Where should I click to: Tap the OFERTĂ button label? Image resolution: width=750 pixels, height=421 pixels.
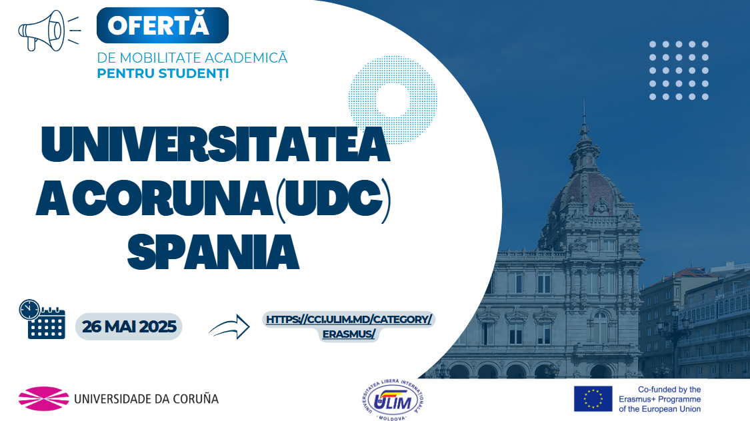pyautogui.click(x=158, y=25)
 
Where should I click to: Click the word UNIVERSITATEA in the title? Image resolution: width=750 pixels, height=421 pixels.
pyautogui.click(x=215, y=144)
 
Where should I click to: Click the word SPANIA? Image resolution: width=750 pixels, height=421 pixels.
pyautogui.click(x=213, y=252)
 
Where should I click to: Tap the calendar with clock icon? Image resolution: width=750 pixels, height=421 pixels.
pyautogui.click(x=42, y=319)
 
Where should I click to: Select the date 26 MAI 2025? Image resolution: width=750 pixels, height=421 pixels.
pyautogui.click(x=129, y=326)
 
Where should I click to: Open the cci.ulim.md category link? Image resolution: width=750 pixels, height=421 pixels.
pyautogui.click(x=349, y=326)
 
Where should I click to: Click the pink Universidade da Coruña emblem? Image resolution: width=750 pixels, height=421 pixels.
pyautogui.click(x=43, y=398)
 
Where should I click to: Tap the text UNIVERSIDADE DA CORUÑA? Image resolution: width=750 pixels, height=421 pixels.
pyautogui.click(x=147, y=398)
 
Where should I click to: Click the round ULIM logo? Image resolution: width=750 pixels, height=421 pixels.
pyautogui.click(x=393, y=400)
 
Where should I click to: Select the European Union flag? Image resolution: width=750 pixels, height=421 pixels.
pyautogui.click(x=593, y=399)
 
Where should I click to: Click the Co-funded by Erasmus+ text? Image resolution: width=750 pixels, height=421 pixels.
pyautogui.click(x=659, y=399)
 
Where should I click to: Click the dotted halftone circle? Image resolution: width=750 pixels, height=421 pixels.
pyautogui.click(x=393, y=99)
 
